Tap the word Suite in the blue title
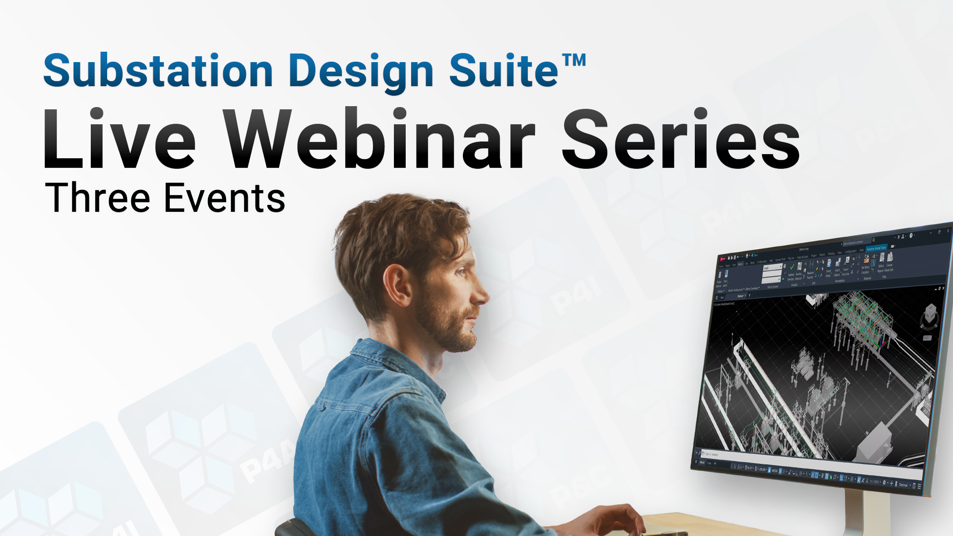(503, 71)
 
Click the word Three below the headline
(98, 198)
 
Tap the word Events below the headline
(225, 198)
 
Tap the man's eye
(461, 272)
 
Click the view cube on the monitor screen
(930, 313)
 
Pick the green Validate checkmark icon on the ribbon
(792, 268)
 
